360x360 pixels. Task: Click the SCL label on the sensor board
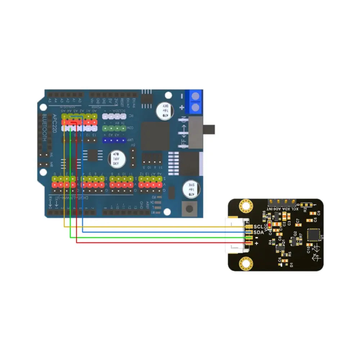[x=258, y=227]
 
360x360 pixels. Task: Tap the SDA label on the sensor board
[x=258, y=233]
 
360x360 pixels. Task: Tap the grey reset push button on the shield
[x=188, y=208]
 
